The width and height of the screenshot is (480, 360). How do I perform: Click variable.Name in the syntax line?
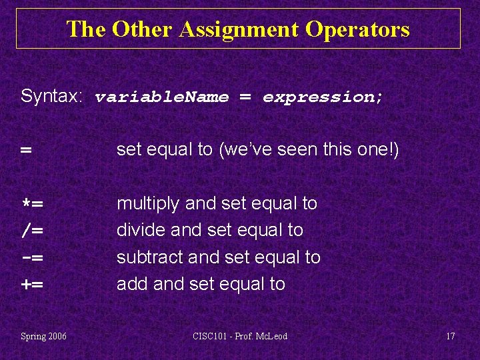click(162, 97)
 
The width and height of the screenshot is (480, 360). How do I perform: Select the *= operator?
click(32, 204)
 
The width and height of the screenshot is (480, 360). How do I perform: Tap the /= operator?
click(32, 231)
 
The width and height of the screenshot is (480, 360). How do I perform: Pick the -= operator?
click(32, 257)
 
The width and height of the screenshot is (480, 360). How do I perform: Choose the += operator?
click(32, 285)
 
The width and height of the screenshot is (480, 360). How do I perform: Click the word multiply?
click(149, 203)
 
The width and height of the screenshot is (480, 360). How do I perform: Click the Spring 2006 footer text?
click(43, 336)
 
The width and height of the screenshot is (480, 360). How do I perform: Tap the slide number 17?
click(450, 336)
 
